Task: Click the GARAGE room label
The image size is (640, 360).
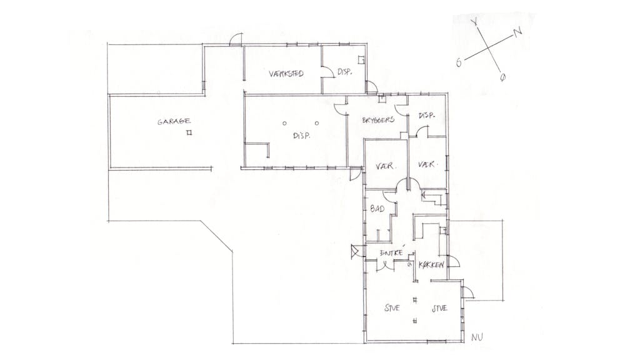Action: tap(174, 121)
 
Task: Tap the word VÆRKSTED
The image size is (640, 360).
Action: tap(286, 74)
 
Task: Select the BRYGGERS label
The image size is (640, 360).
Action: tap(378, 120)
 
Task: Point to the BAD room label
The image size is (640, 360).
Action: tap(377, 209)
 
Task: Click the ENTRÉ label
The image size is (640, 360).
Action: tap(391, 252)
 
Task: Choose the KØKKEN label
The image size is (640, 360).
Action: tap(431, 265)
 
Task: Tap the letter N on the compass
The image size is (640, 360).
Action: tap(517, 32)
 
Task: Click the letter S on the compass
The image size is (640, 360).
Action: tap(459, 62)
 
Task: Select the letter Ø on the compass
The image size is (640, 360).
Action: tap(502, 77)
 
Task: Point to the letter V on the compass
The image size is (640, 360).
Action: tap(474, 22)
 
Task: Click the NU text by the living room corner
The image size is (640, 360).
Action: tap(477, 337)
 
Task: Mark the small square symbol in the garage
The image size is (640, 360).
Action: tap(189, 132)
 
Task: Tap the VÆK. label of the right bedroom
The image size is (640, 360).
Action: tap(427, 164)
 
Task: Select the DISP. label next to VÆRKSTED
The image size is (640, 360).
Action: tap(345, 72)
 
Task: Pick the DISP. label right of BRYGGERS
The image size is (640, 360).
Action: tap(426, 116)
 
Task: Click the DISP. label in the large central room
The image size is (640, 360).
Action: tap(302, 136)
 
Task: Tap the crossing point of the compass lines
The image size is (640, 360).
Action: tap(488, 47)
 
